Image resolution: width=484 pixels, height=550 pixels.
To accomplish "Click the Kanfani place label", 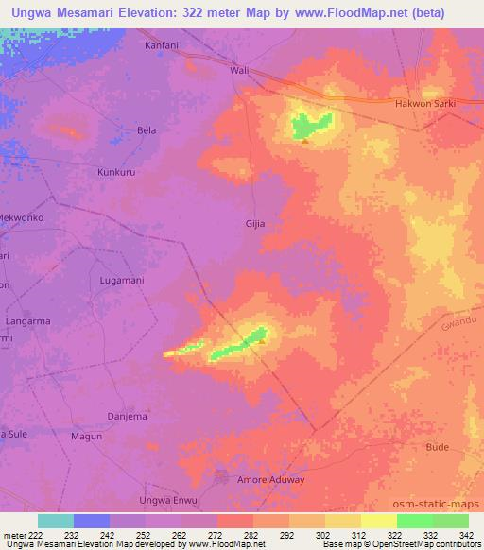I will pyautogui.click(x=161, y=44).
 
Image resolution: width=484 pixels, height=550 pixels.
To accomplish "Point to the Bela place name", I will pyautogui.click(x=147, y=129).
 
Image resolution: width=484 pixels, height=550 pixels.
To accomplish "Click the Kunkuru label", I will pyautogui.click(x=118, y=173).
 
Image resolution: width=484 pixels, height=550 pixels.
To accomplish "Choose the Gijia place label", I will pyautogui.click(x=255, y=224).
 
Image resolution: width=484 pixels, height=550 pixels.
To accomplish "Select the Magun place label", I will pyautogui.click(x=87, y=436).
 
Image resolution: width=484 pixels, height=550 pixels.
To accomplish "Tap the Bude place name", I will pyautogui.click(x=438, y=446).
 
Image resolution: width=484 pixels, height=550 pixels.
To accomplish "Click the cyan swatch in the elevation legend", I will pyautogui.click(x=56, y=521).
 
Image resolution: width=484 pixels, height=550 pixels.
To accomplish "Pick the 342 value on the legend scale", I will pyautogui.click(x=468, y=534).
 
